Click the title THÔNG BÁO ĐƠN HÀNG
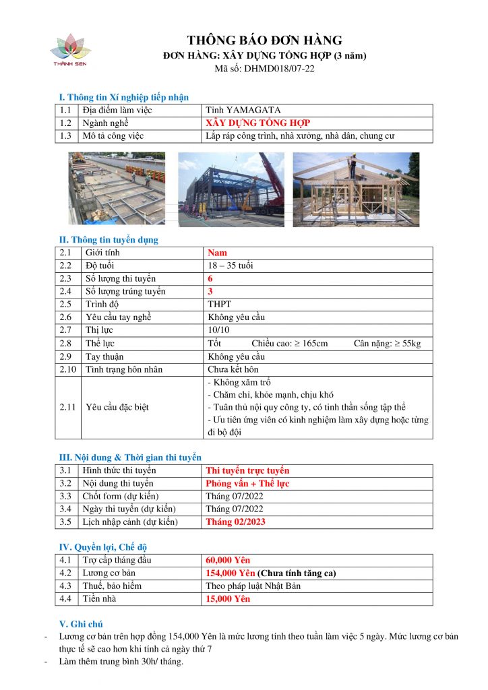(265, 40)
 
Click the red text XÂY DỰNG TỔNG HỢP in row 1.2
(258, 123)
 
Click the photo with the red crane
(231, 189)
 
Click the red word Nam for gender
(217, 253)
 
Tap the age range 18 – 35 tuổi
(231, 265)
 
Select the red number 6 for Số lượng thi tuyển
(210, 278)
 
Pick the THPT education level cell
(219, 305)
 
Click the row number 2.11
(68, 407)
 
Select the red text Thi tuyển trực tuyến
(247, 470)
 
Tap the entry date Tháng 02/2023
(235, 522)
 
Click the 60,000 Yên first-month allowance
(228, 560)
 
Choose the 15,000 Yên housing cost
(228, 598)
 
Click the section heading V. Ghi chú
(82, 624)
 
